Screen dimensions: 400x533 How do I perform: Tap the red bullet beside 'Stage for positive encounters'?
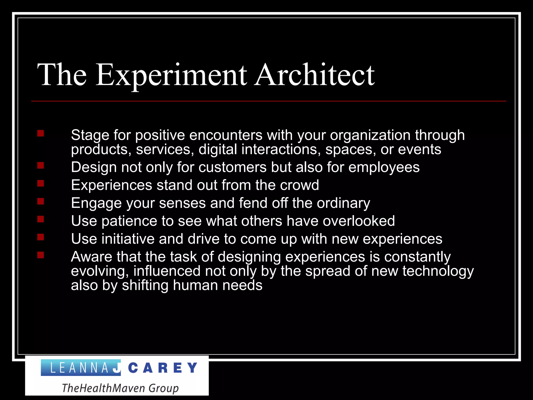pyautogui.click(x=41, y=134)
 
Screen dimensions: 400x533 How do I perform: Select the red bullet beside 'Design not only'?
pyautogui.click(x=41, y=166)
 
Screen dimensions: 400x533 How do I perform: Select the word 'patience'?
pyautogui.click(x=129, y=221)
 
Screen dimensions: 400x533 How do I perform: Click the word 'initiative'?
pyautogui.click(x=128, y=239)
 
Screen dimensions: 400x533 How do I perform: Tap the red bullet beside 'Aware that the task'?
pyautogui.click(x=41, y=255)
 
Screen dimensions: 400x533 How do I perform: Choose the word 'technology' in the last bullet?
pyautogui.click(x=438, y=272)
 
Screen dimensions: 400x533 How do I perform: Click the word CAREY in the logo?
pyautogui.click(x=163, y=368)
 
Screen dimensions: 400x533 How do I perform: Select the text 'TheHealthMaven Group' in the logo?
pyautogui.click(x=120, y=388)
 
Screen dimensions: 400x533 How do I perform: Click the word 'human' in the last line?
pyautogui.click(x=195, y=285)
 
